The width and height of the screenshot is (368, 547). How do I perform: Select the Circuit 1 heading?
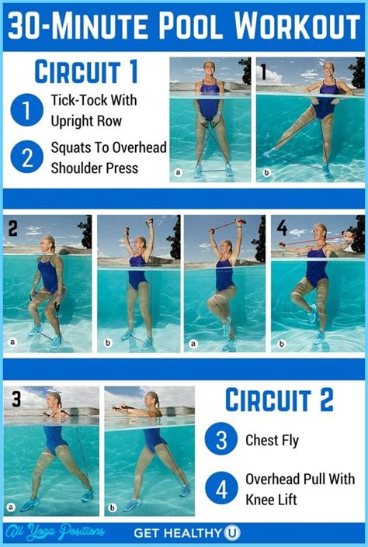coord(86,72)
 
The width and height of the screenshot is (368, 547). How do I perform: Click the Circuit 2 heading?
coord(279,400)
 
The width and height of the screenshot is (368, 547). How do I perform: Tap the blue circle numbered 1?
coord(27,110)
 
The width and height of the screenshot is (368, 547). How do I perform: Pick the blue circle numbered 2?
coord(27,157)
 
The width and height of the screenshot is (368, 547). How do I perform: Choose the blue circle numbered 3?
coord(221,440)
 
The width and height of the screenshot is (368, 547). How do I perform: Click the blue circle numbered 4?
coord(221,490)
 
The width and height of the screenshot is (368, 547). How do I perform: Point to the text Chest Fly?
coord(273,441)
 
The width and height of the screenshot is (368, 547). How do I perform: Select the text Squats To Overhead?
coord(108,147)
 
